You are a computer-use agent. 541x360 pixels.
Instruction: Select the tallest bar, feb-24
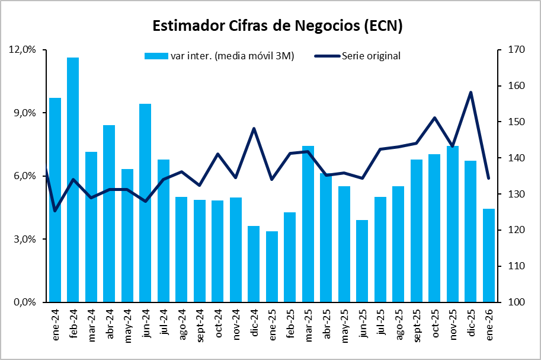point(73,178)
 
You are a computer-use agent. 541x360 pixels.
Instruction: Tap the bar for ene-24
point(55,199)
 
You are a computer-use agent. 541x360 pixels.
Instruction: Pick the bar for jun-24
point(145,202)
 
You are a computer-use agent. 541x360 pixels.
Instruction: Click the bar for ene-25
point(272,267)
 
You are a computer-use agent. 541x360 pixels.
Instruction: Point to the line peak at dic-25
point(470,93)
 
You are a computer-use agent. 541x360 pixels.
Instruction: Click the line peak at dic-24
point(254,129)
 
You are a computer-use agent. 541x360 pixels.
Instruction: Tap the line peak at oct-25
point(434,117)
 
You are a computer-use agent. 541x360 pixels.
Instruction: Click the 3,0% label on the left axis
point(23,239)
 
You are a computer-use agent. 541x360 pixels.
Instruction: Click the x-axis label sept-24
point(200,324)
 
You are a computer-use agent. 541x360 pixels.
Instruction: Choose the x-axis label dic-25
point(471,323)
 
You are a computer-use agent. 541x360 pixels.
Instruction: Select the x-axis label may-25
point(344,324)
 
